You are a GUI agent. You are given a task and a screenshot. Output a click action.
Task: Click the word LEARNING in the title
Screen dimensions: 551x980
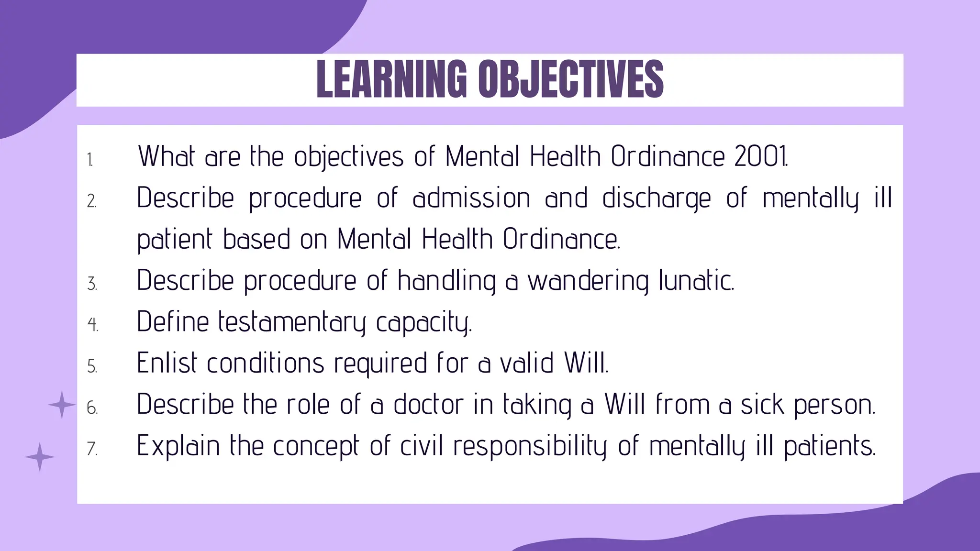(x=391, y=79)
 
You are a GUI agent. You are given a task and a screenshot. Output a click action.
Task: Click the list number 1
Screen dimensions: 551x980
(x=90, y=160)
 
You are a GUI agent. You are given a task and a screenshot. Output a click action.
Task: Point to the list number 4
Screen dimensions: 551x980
(x=92, y=325)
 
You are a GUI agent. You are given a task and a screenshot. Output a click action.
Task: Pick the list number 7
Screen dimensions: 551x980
(x=92, y=449)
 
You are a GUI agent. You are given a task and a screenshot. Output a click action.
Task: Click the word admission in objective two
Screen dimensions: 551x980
(x=471, y=198)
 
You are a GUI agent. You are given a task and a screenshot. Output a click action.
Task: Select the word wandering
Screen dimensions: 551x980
(x=588, y=281)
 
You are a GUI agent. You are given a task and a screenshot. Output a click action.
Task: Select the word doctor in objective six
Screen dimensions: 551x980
(x=428, y=404)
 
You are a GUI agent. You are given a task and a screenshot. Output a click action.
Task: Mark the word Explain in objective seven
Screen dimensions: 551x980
(x=178, y=446)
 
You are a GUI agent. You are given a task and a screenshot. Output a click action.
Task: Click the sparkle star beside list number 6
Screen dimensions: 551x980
(x=62, y=405)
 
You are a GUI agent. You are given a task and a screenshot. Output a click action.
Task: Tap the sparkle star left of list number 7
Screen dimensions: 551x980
(x=40, y=457)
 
